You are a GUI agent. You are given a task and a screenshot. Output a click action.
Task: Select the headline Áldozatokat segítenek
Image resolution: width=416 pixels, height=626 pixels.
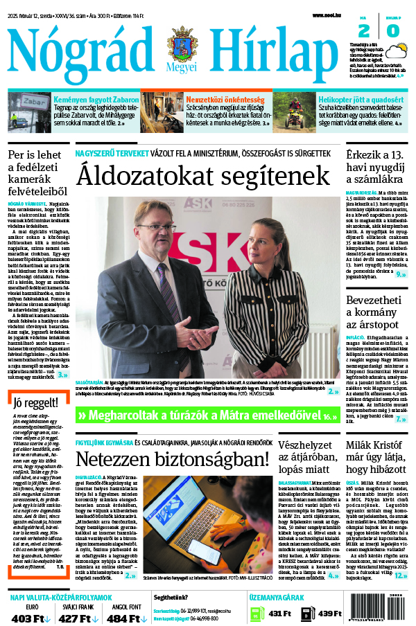point(204,175)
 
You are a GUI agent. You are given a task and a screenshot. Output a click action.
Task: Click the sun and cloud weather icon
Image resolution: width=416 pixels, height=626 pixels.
point(397,51)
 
